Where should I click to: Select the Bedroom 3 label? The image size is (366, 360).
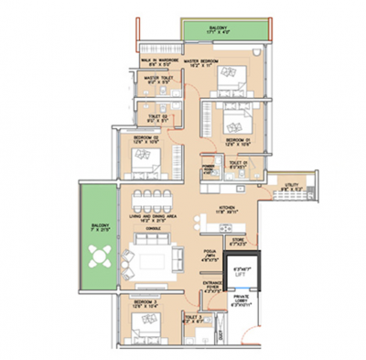click(x=135, y=302)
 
